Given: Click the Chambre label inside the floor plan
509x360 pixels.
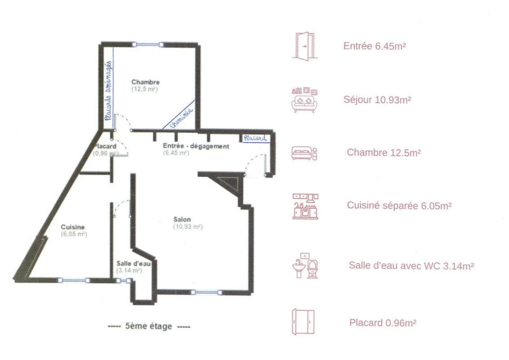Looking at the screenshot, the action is point(145,82).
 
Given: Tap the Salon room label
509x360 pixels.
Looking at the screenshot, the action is point(182,220).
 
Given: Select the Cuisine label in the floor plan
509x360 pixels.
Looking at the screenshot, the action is point(73,227).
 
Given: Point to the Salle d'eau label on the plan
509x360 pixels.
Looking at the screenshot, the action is point(134,264).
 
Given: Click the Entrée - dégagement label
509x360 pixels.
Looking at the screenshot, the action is point(196,146).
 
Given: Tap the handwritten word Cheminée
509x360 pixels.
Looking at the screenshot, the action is point(181,118).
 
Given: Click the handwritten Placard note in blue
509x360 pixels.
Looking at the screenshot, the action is point(255,138).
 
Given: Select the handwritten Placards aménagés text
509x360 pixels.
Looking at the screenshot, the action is point(108,90).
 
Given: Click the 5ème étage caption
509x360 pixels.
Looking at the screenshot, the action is point(149,326).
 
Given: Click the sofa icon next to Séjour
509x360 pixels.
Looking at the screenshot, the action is point(304,100).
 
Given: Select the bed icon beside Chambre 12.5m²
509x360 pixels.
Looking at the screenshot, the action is point(304,153).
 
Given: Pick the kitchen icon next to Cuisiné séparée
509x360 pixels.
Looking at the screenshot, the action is point(305,206).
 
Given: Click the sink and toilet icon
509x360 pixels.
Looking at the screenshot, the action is point(305,265).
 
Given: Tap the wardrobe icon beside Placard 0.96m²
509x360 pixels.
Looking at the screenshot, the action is point(303,322).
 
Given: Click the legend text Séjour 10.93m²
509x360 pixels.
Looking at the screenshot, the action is point(377,99).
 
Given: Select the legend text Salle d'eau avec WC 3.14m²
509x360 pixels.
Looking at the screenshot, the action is point(411,265).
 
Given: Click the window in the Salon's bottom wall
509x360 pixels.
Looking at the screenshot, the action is point(206,292).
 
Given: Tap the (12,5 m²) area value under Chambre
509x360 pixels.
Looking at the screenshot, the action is point(144,89).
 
